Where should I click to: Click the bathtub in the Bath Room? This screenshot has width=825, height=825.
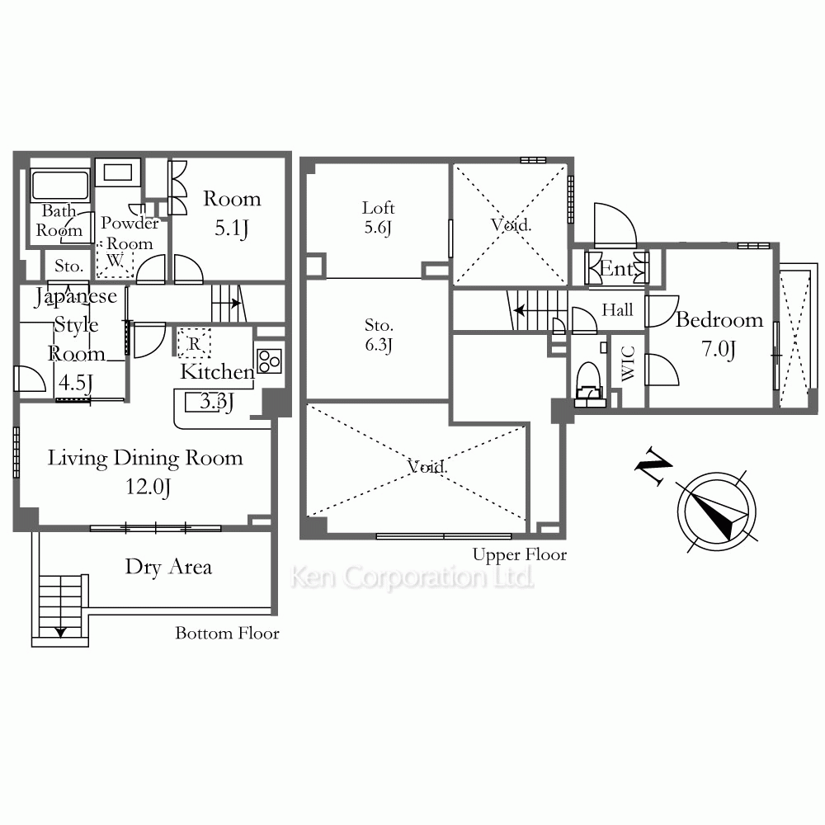tap(60, 185)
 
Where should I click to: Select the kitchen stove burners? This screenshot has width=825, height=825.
tap(270, 361)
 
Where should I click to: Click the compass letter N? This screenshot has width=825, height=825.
tap(653, 466)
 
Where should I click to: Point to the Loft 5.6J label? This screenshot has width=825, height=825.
tap(378, 217)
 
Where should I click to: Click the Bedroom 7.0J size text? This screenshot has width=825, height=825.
tap(719, 349)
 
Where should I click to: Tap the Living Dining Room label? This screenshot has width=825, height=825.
tap(145, 458)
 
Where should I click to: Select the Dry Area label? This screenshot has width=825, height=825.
tap(168, 568)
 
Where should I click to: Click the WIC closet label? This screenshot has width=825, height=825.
tap(628, 363)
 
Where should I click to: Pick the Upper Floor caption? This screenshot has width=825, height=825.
tap(519, 554)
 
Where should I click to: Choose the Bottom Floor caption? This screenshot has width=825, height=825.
tap(227, 633)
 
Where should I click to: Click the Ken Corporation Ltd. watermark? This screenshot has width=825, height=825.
tap(412, 577)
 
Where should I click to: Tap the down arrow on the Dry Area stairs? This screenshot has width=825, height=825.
tap(60, 631)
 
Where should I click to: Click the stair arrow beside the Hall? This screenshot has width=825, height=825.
tap(519, 310)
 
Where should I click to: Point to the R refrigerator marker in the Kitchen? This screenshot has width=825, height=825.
tap(194, 343)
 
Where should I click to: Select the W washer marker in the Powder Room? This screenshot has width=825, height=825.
tap(115, 260)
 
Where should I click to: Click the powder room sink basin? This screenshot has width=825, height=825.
tap(118, 172)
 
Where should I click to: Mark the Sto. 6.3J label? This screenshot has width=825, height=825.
tap(379, 335)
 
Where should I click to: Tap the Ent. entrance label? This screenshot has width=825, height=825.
tap(616, 269)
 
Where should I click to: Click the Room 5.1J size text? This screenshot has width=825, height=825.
tap(232, 229)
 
